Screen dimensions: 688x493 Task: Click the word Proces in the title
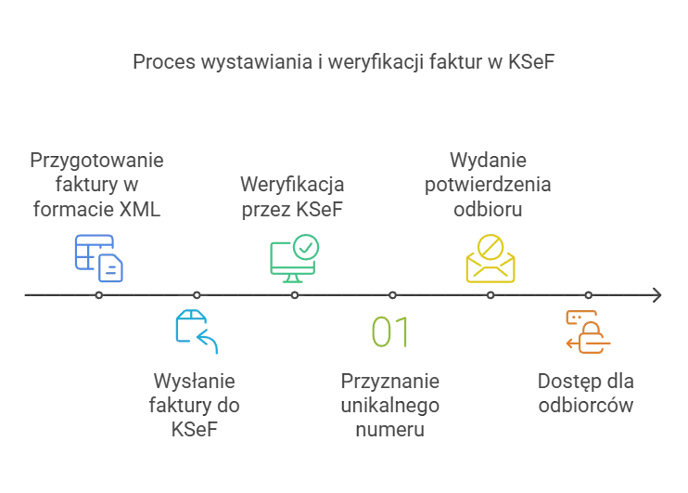click(164, 61)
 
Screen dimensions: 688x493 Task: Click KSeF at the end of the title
click(531, 61)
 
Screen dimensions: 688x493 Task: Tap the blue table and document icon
click(98, 258)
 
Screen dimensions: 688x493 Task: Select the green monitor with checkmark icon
click(295, 258)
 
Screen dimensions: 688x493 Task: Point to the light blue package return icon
click(197, 331)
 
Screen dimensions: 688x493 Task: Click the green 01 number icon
click(390, 331)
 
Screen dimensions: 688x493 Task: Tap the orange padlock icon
click(588, 332)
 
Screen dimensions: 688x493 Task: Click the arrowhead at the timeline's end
click(656, 295)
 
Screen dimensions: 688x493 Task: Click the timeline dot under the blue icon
click(98, 295)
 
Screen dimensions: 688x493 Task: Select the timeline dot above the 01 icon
click(393, 295)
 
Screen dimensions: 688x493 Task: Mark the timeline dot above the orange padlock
click(589, 295)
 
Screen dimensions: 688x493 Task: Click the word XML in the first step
click(140, 209)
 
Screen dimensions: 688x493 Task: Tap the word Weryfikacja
click(292, 185)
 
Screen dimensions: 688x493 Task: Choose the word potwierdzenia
click(488, 185)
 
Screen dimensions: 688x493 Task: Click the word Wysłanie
click(195, 381)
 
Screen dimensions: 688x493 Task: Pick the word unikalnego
click(390, 406)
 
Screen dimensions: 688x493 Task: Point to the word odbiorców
click(586, 405)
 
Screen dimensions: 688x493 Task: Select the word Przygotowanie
click(96, 161)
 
